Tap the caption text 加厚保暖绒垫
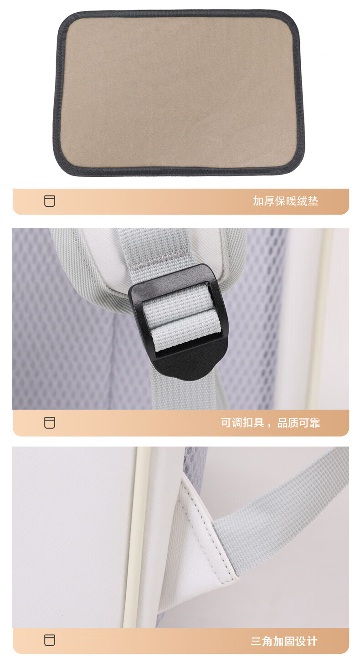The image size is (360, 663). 285,201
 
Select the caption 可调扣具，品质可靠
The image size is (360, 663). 270,423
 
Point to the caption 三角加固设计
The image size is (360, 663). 284,642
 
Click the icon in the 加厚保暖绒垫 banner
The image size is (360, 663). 49,201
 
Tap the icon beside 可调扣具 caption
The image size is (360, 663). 49,423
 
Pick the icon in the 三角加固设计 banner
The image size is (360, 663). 49,640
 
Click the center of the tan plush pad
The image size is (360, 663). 179,93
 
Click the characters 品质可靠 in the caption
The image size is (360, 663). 299,423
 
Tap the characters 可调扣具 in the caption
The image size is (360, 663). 242,423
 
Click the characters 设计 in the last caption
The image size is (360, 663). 306,642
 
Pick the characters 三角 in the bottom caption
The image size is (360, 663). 262,642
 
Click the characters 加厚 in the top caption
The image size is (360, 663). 264,201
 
